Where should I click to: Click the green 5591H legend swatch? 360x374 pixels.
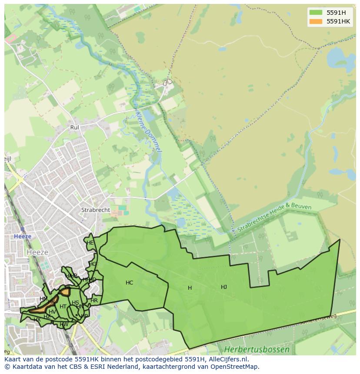pyautogui.click(x=316, y=13)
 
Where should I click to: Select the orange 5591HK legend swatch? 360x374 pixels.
pyautogui.click(x=316, y=21)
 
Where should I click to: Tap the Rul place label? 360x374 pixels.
pyautogui.click(x=74, y=128)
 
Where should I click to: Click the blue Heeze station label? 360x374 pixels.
pyautogui.click(x=23, y=236)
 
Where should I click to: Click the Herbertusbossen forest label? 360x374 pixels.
pyautogui.click(x=257, y=349)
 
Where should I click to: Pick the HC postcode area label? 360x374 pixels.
pyautogui.click(x=129, y=283)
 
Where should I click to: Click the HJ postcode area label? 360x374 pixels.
pyautogui.click(x=224, y=287)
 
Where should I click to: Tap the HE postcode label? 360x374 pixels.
pyautogui.click(x=90, y=243)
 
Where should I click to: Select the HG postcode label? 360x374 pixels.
pyautogui.click(x=93, y=264)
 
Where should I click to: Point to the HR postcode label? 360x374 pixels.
pyautogui.click(x=94, y=301)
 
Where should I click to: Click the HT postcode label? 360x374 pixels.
pyautogui.click(x=63, y=307)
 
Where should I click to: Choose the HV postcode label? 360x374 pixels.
pyautogui.click(x=52, y=312)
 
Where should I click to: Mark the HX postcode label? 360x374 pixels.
pyautogui.click(x=37, y=320)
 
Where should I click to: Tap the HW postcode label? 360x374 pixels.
pyautogui.click(x=64, y=324)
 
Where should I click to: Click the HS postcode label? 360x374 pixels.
pyautogui.click(x=76, y=303)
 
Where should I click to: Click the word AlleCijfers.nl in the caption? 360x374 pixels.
pyautogui.click(x=227, y=359)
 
